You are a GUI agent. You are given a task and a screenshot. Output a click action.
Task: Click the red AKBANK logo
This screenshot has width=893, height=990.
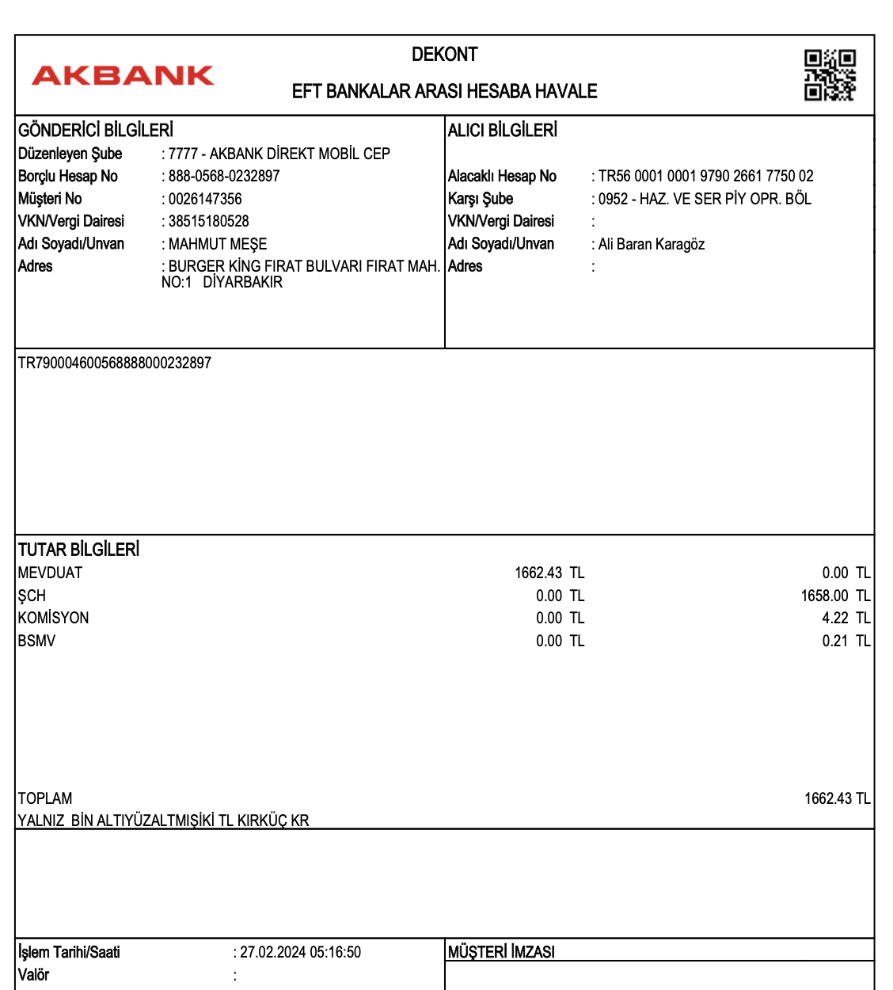(123, 75)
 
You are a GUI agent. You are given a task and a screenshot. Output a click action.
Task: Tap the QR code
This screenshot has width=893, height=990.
(830, 75)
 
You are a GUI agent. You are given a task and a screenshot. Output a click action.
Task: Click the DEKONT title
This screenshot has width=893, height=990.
(444, 55)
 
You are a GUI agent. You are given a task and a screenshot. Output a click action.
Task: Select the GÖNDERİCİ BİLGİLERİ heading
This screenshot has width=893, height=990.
(96, 130)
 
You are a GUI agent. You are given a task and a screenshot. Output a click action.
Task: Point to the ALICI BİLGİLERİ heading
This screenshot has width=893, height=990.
(503, 130)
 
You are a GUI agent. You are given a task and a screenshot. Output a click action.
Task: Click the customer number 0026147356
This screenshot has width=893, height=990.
(205, 199)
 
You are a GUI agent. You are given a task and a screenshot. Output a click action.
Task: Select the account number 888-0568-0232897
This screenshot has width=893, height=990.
(224, 176)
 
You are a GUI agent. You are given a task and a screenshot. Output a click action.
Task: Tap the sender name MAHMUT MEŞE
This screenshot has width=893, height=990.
(218, 244)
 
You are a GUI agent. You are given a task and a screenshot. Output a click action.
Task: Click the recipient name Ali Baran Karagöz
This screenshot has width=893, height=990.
(652, 244)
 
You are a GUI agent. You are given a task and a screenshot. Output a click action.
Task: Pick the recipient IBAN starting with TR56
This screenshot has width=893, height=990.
(705, 176)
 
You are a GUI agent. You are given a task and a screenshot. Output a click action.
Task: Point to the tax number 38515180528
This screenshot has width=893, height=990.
(208, 221)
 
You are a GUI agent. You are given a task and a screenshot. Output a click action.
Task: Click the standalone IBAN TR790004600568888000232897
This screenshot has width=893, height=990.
(115, 363)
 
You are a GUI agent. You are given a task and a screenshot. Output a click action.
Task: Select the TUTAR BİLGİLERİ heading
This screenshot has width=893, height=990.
(79, 550)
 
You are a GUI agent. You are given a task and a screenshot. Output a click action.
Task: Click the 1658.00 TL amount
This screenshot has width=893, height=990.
(835, 596)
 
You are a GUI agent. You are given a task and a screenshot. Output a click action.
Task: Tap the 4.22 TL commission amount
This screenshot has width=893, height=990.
(845, 618)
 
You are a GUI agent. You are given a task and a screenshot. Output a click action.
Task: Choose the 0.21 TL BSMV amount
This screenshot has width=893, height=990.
(845, 641)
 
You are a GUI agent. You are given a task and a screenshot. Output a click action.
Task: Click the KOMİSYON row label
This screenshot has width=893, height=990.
(54, 618)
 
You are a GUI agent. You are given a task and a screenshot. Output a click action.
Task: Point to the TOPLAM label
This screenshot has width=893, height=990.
(45, 798)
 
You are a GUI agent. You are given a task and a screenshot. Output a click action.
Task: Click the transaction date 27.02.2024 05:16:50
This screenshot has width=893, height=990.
(300, 952)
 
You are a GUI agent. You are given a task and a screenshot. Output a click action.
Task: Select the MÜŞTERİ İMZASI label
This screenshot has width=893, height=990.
(501, 952)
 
